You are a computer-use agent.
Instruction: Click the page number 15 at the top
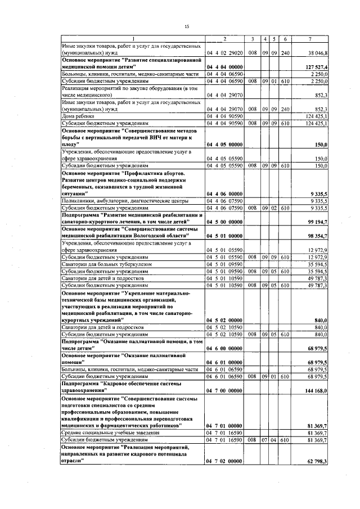pos(186,26)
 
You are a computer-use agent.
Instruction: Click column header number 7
pos(318,38)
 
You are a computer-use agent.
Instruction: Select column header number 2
pos(224,38)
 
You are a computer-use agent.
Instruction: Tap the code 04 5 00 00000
pos(224,223)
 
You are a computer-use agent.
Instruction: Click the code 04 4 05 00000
pos(224,144)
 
